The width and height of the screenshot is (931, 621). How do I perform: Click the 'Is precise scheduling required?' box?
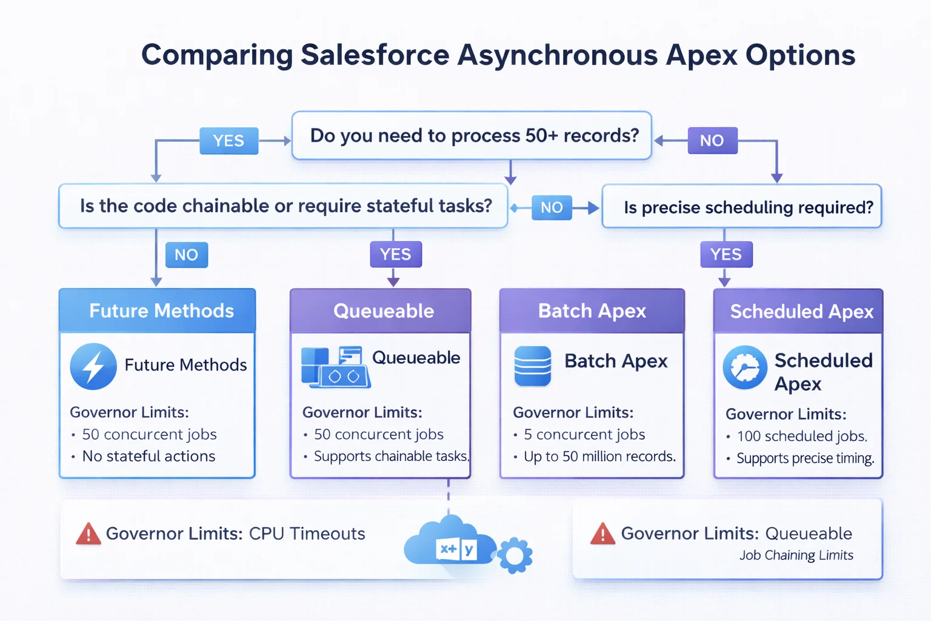point(741,207)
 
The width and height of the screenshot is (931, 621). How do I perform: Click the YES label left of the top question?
point(229,141)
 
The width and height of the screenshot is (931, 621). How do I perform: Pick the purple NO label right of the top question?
point(712,141)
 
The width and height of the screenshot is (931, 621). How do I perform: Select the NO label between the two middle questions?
point(551,207)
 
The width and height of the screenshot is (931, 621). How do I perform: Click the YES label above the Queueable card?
point(395,254)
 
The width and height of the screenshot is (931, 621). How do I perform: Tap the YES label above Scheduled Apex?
point(726,254)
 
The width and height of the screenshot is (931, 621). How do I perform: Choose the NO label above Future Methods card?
point(186,255)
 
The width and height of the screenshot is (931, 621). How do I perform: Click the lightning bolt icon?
point(93,366)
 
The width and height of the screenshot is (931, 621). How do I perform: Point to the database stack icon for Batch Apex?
point(532,366)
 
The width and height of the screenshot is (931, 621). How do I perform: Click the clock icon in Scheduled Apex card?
point(744,368)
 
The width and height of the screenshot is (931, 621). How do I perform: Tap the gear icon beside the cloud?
point(515,554)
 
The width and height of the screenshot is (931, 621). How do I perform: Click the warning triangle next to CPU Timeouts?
point(88,534)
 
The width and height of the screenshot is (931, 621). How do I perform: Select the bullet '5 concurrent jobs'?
point(584,434)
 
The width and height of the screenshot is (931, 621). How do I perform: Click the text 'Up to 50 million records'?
point(599,456)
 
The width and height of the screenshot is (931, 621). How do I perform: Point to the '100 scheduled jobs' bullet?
point(801,436)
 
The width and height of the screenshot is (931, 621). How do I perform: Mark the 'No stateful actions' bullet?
point(148,456)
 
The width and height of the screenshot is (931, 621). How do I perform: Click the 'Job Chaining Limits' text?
point(796,555)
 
